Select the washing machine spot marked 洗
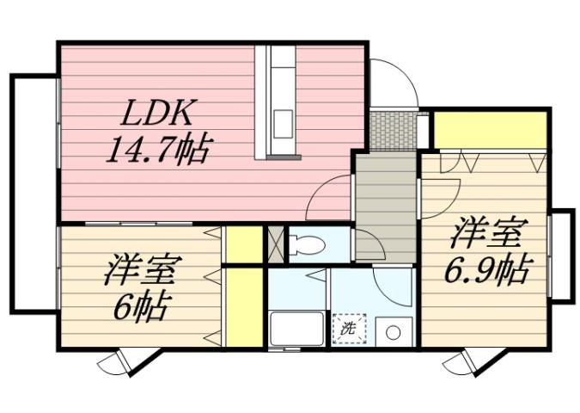click(x=349, y=328)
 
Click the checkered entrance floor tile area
click(x=393, y=130)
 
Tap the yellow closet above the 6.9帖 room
click(x=490, y=130)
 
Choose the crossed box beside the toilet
click(x=276, y=243)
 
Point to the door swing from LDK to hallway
click(x=331, y=196)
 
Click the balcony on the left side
click(x=33, y=194)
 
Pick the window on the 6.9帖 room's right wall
click(x=560, y=255)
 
